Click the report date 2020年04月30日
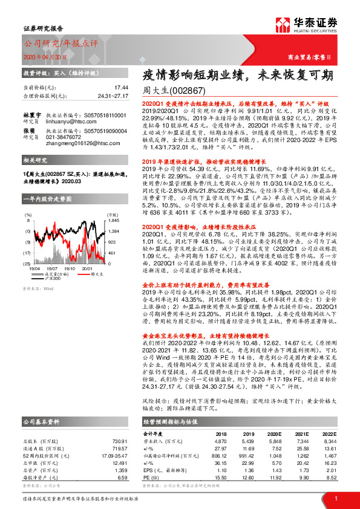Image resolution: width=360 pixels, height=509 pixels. click(45, 57)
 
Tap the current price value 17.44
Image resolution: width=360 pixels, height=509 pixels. click(121, 87)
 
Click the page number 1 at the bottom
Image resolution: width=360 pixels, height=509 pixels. click(335, 498)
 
